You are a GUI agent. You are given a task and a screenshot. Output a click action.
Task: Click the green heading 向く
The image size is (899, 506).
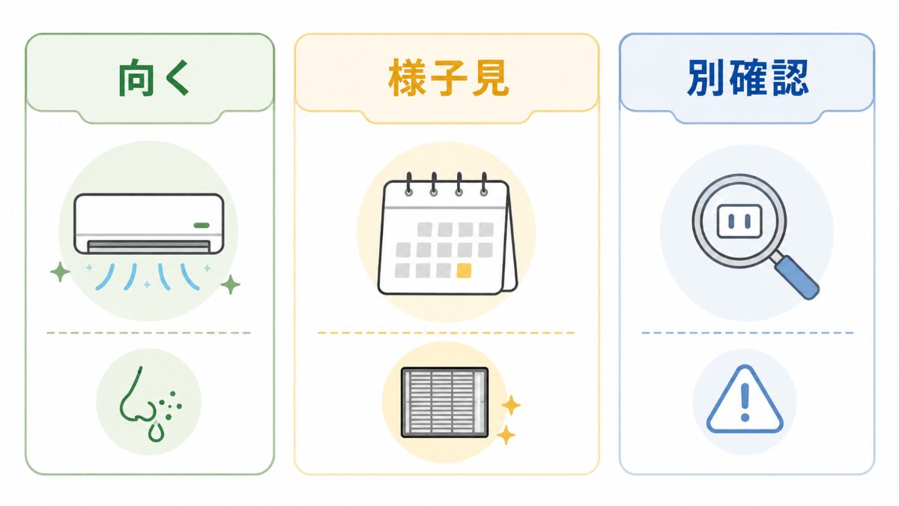pyautogui.click(x=154, y=78)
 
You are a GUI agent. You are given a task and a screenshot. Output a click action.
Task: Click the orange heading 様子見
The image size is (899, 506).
pyautogui.click(x=448, y=78)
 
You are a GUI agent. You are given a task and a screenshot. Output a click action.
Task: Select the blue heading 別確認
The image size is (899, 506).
pyautogui.click(x=748, y=78)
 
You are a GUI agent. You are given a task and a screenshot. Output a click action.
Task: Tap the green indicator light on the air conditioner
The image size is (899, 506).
pyautogui.click(x=202, y=226)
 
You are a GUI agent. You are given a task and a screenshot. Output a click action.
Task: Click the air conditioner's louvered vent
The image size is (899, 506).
pyautogui.click(x=148, y=247)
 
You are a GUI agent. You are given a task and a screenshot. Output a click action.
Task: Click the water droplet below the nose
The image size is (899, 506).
pyautogui.click(x=156, y=432)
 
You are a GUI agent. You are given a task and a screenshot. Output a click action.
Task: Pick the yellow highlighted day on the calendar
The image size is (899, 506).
pyautogui.click(x=464, y=271)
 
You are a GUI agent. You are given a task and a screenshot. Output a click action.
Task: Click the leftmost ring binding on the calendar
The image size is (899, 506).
pyautogui.click(x=408, y=184)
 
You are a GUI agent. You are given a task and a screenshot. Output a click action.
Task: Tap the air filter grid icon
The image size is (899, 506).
pyautogui.click(x=445, y=403)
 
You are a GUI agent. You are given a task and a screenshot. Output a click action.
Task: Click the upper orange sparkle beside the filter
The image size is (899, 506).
pyautogui.click(x=511, y=405)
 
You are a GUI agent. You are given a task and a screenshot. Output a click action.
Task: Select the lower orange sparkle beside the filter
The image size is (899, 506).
pyautogui.click(x=506, y=435)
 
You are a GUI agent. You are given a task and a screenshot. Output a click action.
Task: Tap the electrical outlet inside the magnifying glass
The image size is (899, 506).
pyautogui.click(x=739, y=221)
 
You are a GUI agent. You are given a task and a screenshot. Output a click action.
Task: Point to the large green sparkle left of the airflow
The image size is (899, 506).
pyautogui.click(x=60, y=272)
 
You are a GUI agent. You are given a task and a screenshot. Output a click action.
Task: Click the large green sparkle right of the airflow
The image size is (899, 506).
pyautogui.click(x=231, y=285)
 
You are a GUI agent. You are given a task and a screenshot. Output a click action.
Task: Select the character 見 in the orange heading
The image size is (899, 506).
pyautogui.click(x=491, y=78)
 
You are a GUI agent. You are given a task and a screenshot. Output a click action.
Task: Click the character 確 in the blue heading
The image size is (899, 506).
pyautogui.click(x=748, y=78)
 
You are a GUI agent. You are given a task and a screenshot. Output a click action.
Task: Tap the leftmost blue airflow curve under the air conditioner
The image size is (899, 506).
pyautogui.click(x=105, y=277)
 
